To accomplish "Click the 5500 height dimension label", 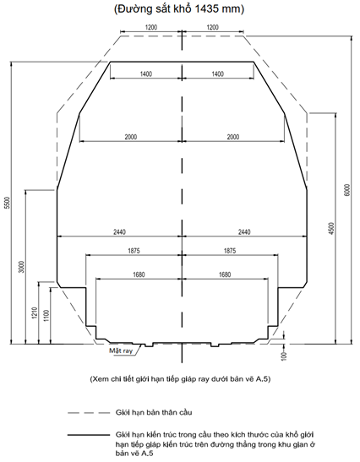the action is click(x=8, y=203).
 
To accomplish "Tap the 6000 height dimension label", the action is click(x=347, y=190).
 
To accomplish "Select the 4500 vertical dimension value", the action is click(x=331, y=228).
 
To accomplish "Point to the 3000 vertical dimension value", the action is click(x=22, y=267).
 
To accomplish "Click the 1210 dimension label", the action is click(x=35, y=313).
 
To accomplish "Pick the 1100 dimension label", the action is click(x=46, y=316).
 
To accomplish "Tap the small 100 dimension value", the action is click(x=284, y=356).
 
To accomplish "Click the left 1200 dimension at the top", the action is click(x=151, y=27).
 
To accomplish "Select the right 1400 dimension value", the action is click(x=217, y=73).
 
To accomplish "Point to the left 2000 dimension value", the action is click(x=131, y=137).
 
